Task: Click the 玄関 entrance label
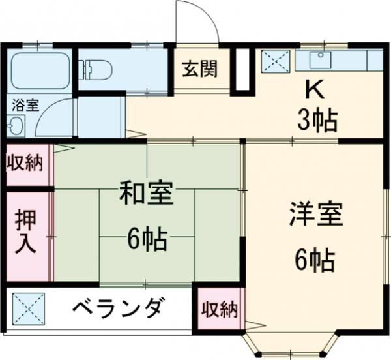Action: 200,68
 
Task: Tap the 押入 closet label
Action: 27,233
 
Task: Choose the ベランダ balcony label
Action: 115,308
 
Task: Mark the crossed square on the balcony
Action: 29,307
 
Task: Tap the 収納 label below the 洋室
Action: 219,309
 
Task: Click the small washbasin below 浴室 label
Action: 14,124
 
